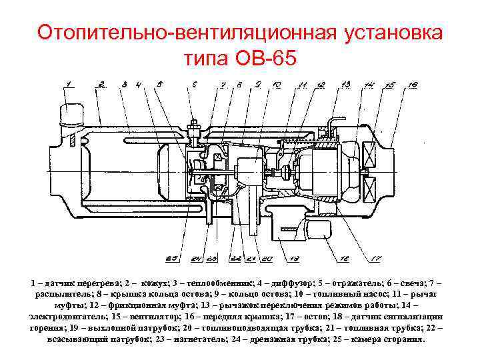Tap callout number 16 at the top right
tap(413, 85)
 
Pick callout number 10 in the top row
tap(276, 85)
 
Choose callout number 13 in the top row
tap(345, 84)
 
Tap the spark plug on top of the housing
tap(195, 129)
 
